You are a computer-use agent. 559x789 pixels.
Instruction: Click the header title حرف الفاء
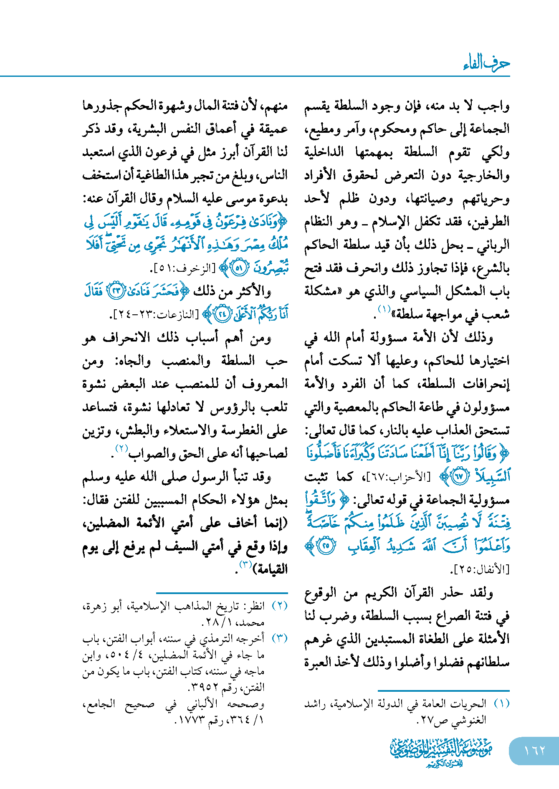[487, 63]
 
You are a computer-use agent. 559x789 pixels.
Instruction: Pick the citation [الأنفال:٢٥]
[480, 569]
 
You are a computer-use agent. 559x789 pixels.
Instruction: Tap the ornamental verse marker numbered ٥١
[239, 268]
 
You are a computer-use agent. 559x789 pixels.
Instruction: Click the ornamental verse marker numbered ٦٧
[460, 477]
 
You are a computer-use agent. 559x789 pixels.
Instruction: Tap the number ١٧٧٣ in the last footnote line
[191, 720]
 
